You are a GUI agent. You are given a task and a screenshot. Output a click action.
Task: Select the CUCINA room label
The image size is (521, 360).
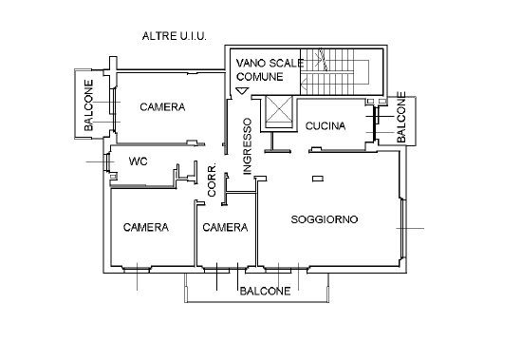(326, 126)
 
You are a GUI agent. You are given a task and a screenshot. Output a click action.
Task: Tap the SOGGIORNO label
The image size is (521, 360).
(324, 219)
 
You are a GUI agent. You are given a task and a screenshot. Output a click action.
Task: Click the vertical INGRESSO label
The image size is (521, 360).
(246, 145)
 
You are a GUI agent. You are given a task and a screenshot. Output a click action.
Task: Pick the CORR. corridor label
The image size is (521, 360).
(213, 180)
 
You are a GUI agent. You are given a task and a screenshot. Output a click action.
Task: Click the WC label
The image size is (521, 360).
(138, 161)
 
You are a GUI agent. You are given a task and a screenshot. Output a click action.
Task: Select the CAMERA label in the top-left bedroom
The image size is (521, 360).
(161, 106)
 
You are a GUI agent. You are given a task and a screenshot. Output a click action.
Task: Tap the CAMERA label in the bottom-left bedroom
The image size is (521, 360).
(146, 228)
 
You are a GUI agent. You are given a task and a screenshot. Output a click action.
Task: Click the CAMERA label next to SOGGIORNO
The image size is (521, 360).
(225, 228)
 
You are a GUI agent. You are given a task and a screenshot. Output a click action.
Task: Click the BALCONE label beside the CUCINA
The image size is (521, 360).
(401, 118)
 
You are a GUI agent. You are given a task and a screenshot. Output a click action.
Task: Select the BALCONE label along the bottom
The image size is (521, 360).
(264, 292)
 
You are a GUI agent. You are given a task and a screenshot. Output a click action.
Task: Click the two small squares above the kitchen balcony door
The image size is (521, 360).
(382, 101)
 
